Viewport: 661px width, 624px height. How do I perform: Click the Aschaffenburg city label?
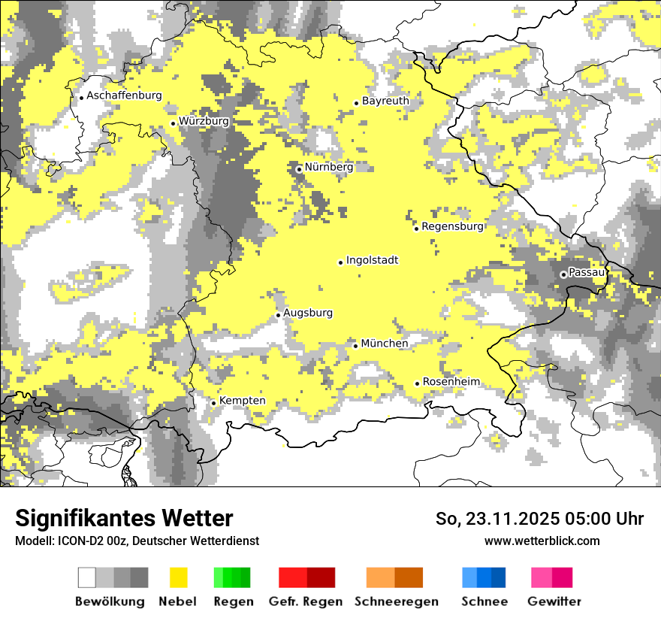(124, 96)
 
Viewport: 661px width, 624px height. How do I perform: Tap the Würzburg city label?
(204, 121)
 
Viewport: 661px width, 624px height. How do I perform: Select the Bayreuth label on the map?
(385, 101)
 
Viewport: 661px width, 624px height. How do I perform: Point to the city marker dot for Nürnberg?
(299, 169)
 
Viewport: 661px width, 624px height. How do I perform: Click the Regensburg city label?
(452, 226)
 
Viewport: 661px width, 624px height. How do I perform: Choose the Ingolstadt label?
(372, 260)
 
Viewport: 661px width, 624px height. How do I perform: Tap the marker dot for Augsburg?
(278, 315)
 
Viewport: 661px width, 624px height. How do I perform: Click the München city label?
(385, 344)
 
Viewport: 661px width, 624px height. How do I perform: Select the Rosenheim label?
(451, 382)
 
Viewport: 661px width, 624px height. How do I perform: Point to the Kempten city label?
(242, 401)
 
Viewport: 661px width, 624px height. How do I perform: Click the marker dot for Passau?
(563, 274)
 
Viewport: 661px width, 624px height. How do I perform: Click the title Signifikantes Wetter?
(124, 518)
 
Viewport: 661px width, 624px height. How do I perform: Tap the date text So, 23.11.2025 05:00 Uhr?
(539, 519)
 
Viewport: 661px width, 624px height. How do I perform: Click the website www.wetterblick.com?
(542, 541)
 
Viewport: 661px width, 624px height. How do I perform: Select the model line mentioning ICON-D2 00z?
(137, 541)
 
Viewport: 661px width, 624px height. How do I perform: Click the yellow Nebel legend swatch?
(179, 577)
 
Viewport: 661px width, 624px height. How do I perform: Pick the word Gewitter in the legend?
(554, 601)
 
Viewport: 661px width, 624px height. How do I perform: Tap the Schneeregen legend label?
(396, 601)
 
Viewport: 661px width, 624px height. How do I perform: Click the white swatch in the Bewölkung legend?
(87, 577)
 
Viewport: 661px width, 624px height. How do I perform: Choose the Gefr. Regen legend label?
(305, 601)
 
